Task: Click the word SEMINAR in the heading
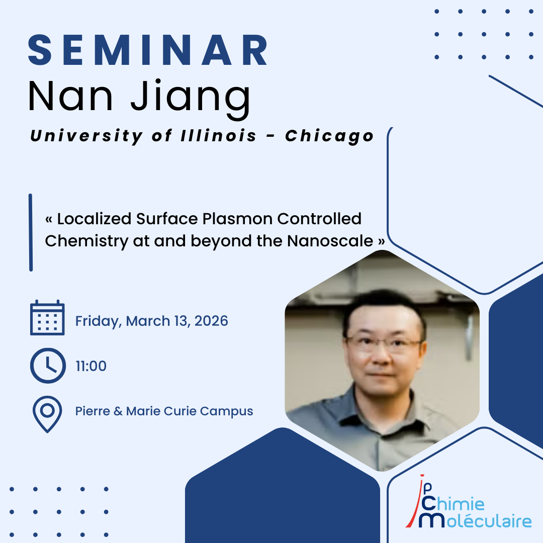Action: (148, 50)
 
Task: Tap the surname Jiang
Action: (191, 99)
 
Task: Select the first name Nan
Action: (70, 96)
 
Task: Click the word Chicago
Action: (329, 136)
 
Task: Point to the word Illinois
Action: (219, 135)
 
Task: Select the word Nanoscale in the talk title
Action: (330, 241)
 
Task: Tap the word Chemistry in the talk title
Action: (86, 241)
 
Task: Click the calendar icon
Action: (47, 318)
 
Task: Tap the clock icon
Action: (48, 366)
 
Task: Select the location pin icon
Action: (47, 414)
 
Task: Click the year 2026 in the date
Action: (211, 321)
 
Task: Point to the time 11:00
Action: (91, 366)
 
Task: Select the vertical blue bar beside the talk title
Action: (31, 232)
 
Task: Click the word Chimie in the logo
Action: (453, 503)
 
